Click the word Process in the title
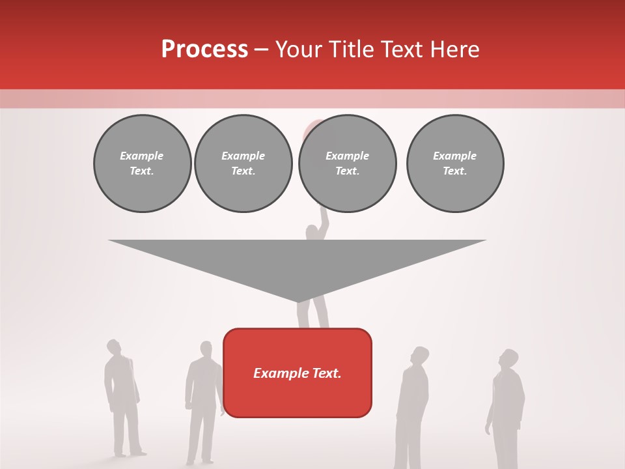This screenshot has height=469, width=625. coord(204,50)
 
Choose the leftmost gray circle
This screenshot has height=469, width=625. coord(142,163)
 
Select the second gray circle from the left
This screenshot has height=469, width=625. coord(243,163)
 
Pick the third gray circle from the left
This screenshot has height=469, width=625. coord(347,163)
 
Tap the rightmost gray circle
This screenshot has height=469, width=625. coord(454,163)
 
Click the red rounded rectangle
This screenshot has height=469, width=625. coord(298,397)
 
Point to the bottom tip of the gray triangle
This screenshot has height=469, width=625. coord(298,301)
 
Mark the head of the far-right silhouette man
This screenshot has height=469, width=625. coord(508,358)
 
